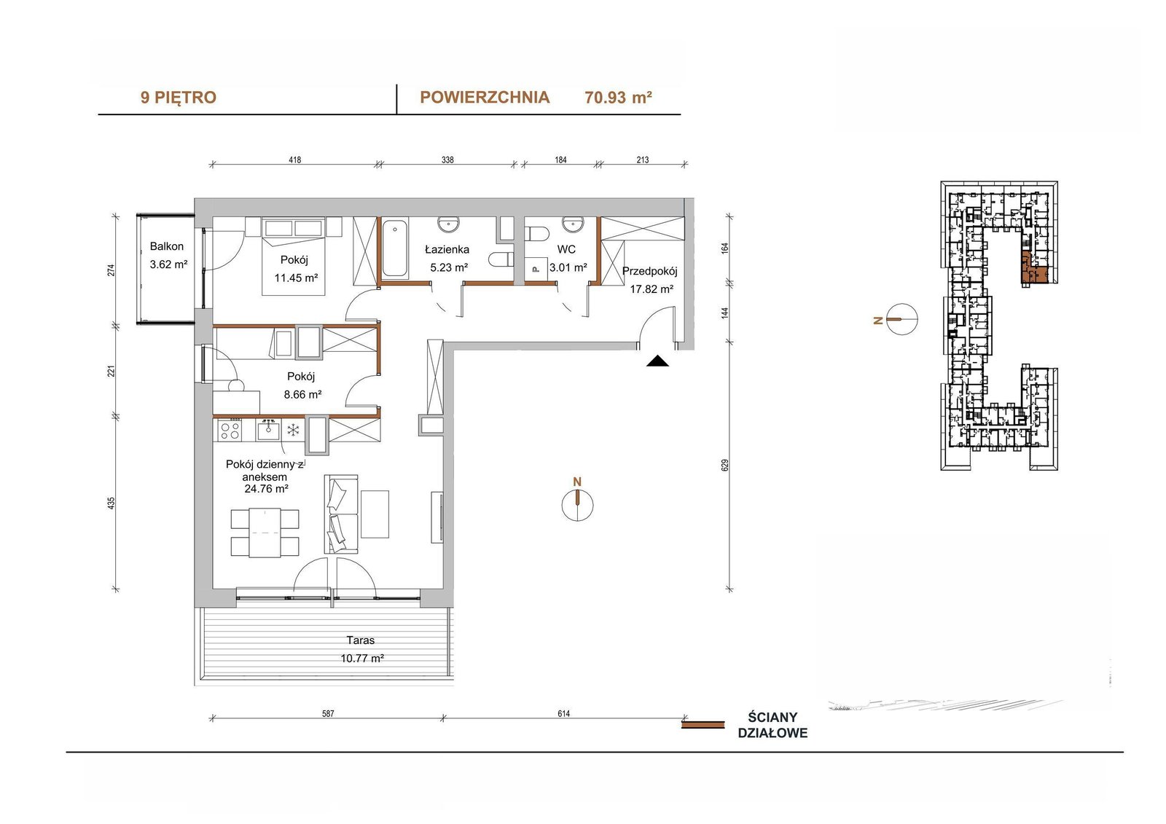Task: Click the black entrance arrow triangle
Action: (657, 361)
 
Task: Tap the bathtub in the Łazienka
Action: (395, 249)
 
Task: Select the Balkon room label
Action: (167, 246)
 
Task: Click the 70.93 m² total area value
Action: (619, 98)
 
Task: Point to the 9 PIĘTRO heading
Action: (178, 98)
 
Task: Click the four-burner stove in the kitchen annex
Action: (230, 431)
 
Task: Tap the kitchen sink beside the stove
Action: (268, 430)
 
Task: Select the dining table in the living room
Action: (265, 533)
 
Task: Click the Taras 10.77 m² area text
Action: (362, 659)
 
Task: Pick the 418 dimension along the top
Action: (294, 160)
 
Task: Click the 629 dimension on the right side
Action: (725, 465)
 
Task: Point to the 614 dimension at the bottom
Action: (564, 714)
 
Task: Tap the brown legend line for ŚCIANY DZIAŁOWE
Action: (703, 725)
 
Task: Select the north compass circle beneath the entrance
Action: (577, 504)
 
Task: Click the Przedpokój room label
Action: (649, 271)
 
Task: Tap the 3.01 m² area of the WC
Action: (568, 267)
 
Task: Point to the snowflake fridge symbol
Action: (294, 430)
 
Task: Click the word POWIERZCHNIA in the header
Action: (485, 98)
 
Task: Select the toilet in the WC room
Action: (536, 234)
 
